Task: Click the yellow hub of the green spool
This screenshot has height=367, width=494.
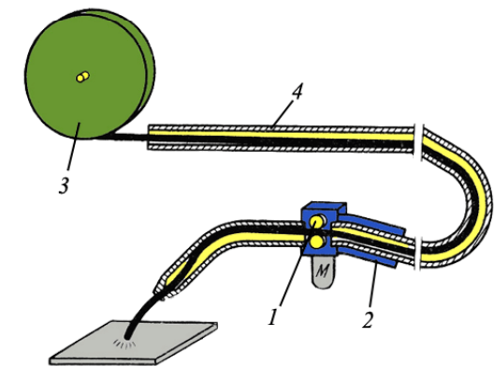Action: point(83,77)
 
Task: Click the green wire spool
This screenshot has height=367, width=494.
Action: point(90,74)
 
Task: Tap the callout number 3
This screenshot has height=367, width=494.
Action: point(64,185)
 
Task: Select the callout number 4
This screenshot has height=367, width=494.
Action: point(297,92)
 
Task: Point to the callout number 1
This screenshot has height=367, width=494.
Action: point(273,316)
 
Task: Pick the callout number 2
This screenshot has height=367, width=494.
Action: point(367,319)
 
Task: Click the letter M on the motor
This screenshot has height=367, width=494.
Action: point(322,271)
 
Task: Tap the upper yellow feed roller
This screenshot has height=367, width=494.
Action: point(316,222)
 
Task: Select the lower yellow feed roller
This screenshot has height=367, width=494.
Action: point(316,242)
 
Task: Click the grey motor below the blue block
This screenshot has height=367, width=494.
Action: point(322,271)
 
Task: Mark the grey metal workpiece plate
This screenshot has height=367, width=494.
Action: point(134,343)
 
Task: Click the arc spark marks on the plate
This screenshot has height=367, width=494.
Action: point(125,344)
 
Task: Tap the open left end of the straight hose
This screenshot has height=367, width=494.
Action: point(149,138)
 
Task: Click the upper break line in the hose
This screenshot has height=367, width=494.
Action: point(418,142)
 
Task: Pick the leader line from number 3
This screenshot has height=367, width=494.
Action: point(73,147)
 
